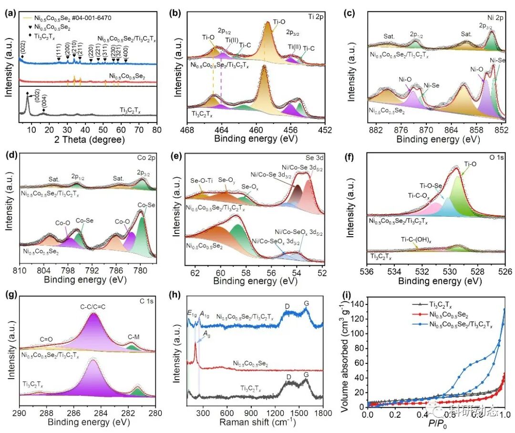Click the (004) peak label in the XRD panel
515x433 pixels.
(x=43, y=103)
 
